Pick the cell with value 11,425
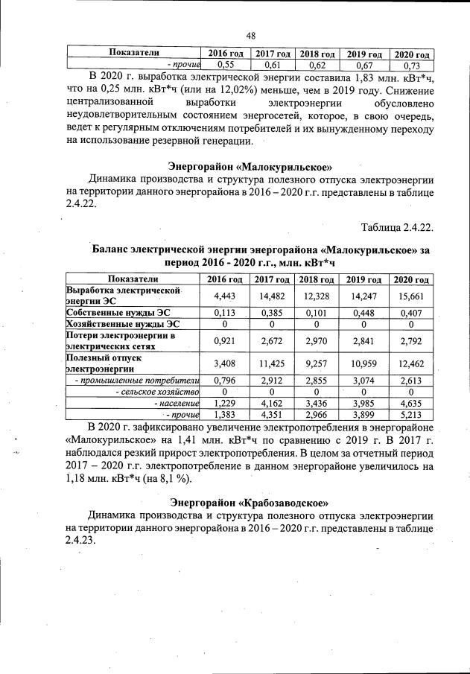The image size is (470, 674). click(x=272, y=364)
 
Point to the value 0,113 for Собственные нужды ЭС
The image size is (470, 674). click(x=226, y=312)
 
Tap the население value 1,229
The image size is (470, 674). click(x=226, y=403)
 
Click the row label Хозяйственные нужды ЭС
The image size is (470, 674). click(x=122, y=324)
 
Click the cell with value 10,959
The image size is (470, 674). click(x=364, y=364)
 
